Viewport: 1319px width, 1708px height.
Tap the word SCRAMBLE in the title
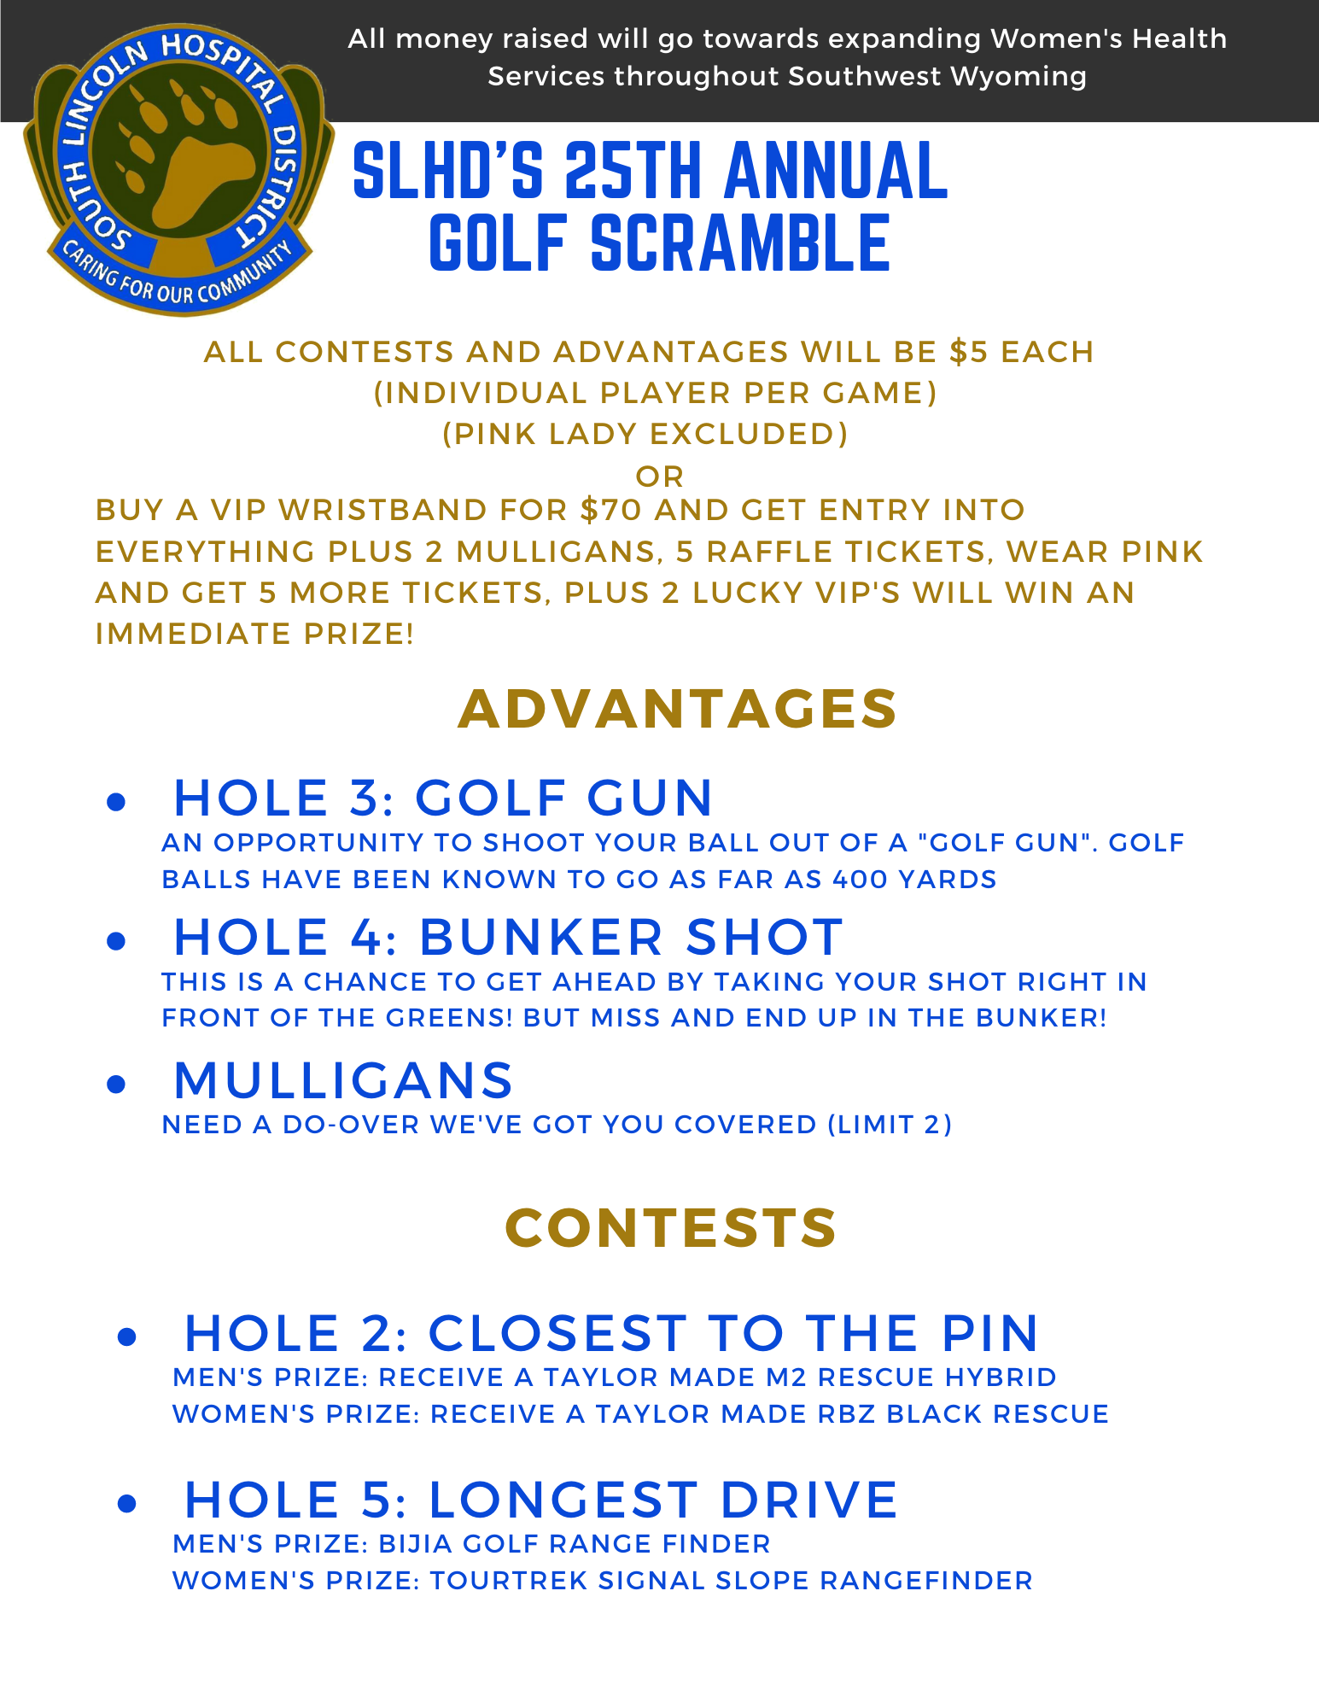point(740,244)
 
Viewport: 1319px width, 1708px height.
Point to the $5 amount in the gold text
point(969,352)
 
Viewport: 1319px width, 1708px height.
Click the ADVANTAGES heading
point(678,709)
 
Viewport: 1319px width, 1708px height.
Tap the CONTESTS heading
point(671,1228)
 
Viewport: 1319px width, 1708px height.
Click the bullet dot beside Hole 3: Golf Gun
point(117,802)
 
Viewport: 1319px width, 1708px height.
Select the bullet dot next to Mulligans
point(117,1084)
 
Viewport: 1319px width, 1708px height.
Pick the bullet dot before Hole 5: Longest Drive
point(127,1504)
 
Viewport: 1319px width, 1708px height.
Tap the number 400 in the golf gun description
point(860,880)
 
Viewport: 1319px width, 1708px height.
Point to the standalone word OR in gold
point(660,477)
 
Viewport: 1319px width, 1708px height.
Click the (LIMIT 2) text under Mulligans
point(890,1125)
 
